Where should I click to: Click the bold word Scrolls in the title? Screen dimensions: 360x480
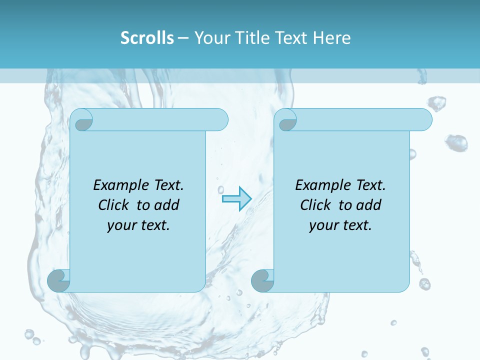pyautogui.click(x=147, y=38)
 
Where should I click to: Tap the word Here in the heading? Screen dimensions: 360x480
pyautogui.click(x=332, y=38)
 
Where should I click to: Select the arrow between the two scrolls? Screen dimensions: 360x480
pyautogui.click(x=236, y=199)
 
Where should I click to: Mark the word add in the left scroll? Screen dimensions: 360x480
pyautogui.click(x=167, y=205)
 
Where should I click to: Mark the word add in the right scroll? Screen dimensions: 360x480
pyautogui.click(x=369, y=205)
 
